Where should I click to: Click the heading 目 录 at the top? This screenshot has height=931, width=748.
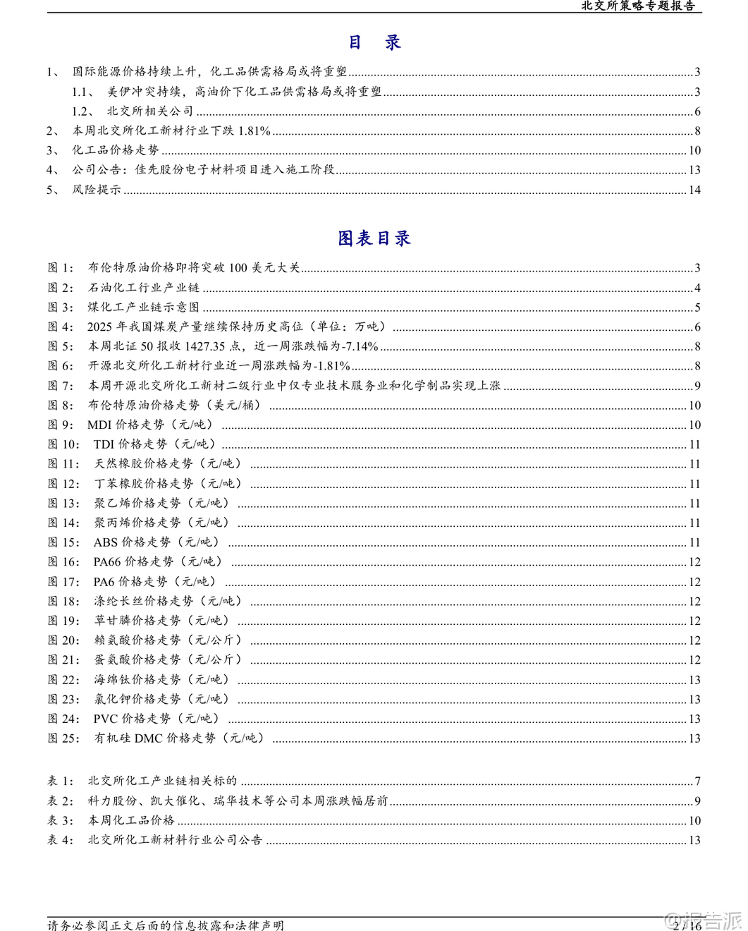click(x=374, y=42)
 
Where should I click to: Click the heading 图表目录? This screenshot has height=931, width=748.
click(x=374, y=238)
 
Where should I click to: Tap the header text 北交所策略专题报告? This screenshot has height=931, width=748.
click(x=638, y=6)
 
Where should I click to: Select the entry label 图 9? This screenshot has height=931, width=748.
click(x=60, y=425)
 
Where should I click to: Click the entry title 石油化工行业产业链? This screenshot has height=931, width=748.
click(x=144, y=288)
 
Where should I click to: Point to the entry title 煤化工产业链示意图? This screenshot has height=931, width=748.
click(x=144, y=307)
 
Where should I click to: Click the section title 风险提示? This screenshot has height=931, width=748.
click(x=97, y=190)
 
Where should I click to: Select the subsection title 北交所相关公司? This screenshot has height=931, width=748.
click(x=150, y=111)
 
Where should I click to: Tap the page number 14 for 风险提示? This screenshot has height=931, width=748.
click(x=694, y=190)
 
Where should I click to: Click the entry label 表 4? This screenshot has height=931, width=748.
click(x=60, y=840)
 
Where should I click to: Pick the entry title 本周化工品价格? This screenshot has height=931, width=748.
click(x=131, y=820)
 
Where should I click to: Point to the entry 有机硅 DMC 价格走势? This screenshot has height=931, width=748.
click(x=179, y=738)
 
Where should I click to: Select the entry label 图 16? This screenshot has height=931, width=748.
click(x=63, y=562)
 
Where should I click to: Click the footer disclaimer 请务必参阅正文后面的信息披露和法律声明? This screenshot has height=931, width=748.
click(x=166, y=925)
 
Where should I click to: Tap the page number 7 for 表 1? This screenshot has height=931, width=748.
click(x=697, y=781)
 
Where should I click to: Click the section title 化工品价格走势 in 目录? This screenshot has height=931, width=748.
click(x=116, y=150)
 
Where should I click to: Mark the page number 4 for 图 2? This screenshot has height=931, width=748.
click(x=697, y=288)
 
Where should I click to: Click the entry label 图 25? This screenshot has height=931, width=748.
click(x=63, y=738)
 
